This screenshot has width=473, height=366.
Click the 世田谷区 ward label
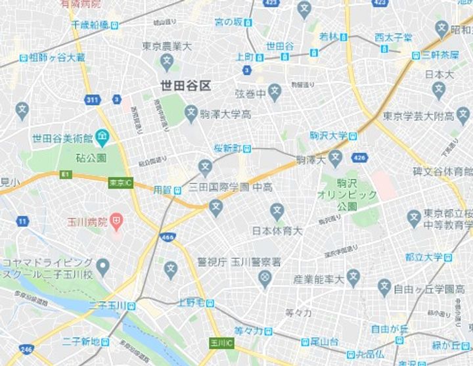187,85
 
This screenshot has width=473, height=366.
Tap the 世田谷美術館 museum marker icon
102,138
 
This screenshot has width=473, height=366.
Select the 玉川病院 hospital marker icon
116,222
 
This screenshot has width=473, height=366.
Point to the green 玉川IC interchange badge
218,343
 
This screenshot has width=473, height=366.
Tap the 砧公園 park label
91,158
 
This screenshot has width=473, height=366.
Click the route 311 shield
92,99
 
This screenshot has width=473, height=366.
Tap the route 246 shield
27,350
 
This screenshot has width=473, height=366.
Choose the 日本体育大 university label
277,231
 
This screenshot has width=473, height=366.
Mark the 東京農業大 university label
167,47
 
